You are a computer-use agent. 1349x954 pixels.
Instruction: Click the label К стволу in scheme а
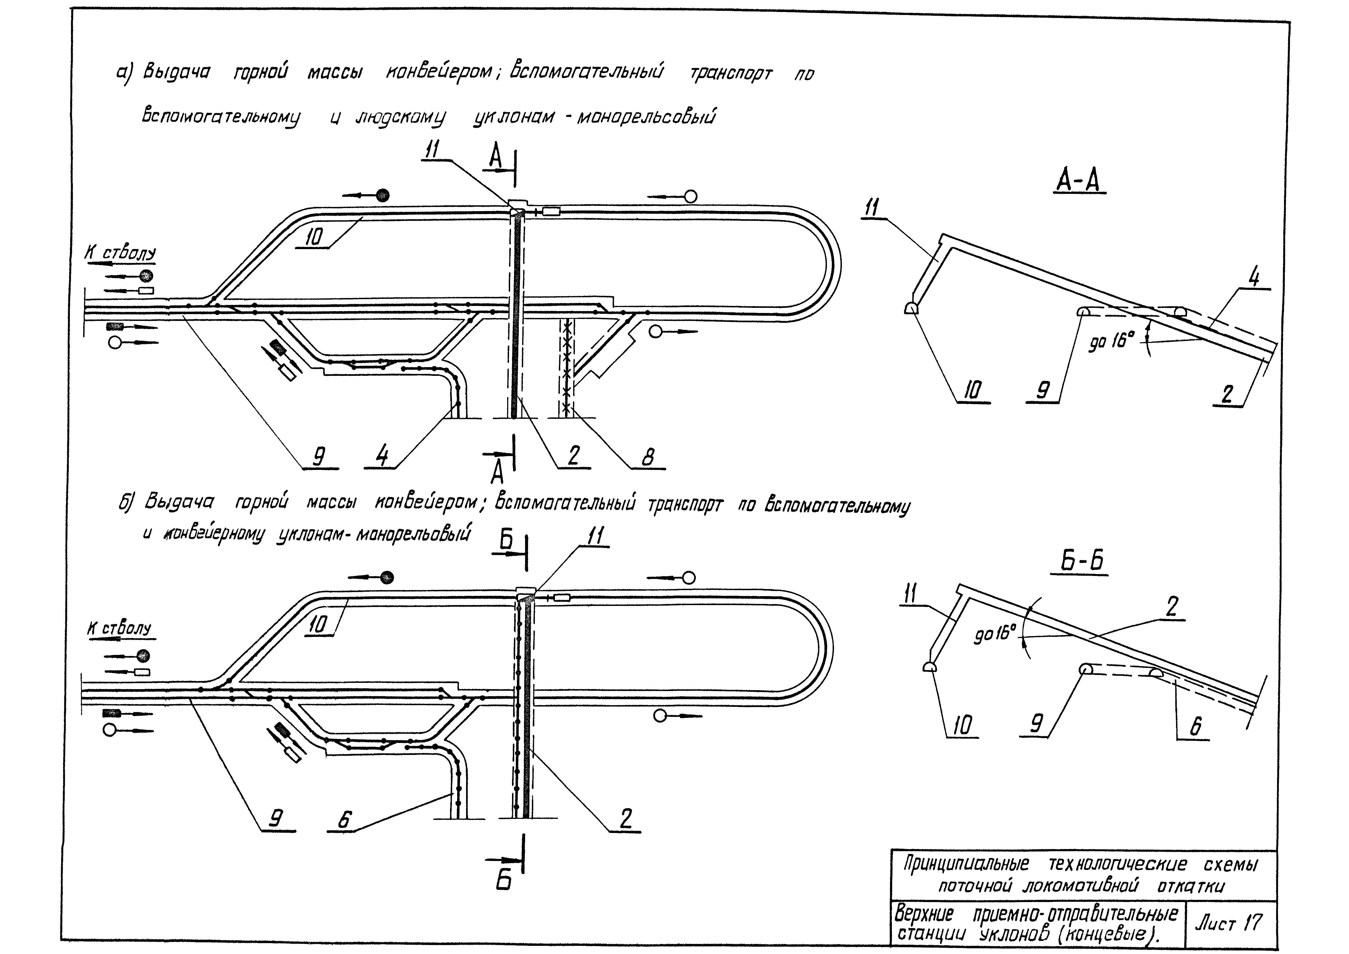pos(120,254)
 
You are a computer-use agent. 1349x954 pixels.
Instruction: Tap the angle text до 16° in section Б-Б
pos(994,633)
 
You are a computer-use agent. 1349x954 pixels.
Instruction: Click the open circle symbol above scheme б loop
pos(689,578)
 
